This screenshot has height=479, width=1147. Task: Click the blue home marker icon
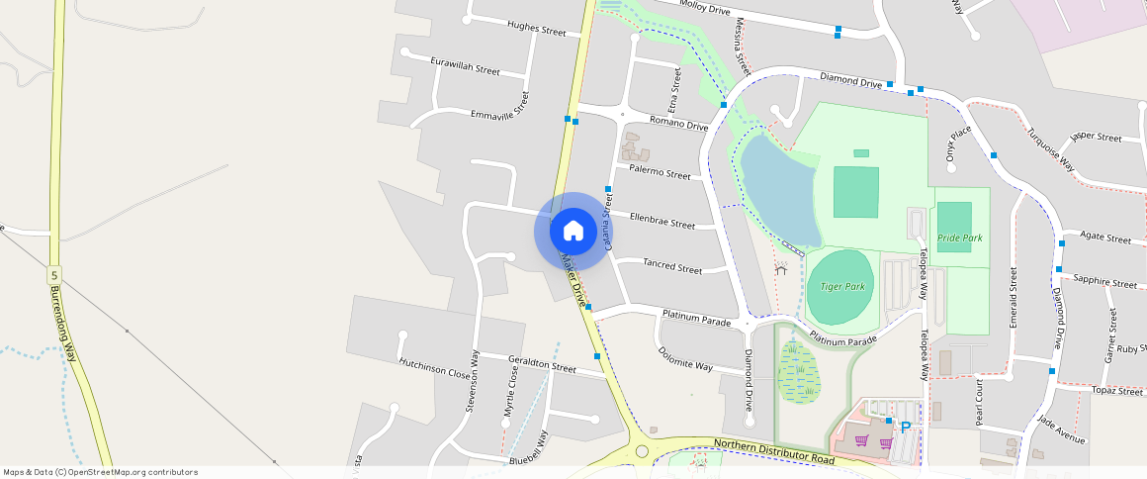click(x=573, y=232)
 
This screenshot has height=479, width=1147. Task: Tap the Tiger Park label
click(x=842, y=287)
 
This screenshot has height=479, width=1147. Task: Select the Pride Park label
click(x=959, y=239)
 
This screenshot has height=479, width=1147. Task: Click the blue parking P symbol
click(x=905, y=428)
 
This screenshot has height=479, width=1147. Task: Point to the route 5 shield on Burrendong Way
click(x=54, y=274)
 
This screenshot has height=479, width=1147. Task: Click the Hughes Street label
click(x=536, y=29)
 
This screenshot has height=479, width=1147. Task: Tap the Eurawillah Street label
click(x=466, y=66)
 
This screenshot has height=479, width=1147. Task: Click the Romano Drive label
click(x=678, y=124)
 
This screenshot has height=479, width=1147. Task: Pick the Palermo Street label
click(x=660, y=173)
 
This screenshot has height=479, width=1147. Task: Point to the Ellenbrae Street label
click(x=662, y=221)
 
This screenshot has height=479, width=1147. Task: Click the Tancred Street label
click(x=672, y=268)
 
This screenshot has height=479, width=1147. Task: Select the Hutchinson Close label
click(x=434, y=368)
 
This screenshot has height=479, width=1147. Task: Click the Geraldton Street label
click(x=542, y=363)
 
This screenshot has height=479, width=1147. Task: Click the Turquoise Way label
click(x=1050, y=150)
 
